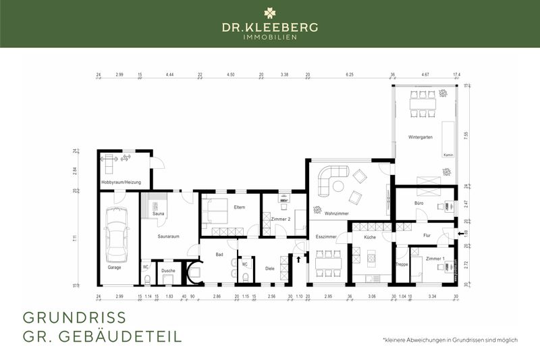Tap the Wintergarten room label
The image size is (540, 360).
click(x=420, y=137)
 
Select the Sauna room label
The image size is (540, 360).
click(x=159, y=214)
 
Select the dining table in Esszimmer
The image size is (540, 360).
click(x=328, y=260)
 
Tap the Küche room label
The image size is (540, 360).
click(x=370, y=237)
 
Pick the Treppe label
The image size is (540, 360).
click(x=402, y=265)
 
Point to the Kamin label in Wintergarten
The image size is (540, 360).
click(x=448, y=155)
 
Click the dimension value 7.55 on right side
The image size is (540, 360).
click(x=466, y=134)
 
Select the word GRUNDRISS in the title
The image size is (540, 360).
click(x=74, y=317)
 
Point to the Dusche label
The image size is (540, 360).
click(x=168, y=271)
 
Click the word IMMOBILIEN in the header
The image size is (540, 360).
click(x=269, y=36)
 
